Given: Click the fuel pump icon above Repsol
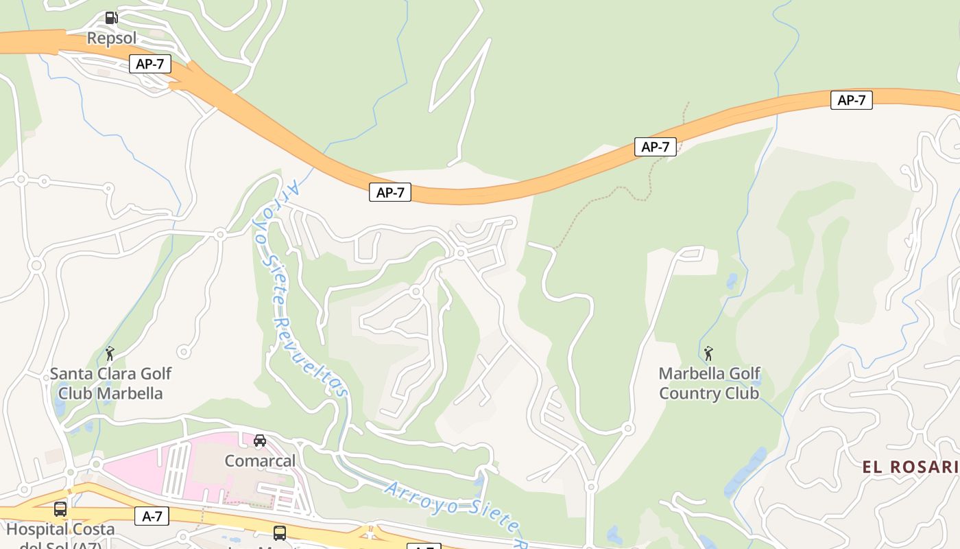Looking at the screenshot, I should (x=111, y=18).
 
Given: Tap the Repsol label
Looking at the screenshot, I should (x=112, y=38).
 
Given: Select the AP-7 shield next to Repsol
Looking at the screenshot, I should (x=150, y=65).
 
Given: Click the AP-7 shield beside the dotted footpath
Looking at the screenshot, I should (x=655, y=147).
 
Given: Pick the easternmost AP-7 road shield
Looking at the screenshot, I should (x=851, y=100).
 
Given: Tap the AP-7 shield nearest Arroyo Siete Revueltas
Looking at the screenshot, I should (x=390, y=193).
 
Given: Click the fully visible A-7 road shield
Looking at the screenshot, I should (x=152, y=516).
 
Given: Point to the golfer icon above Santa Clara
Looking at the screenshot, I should (x=110, y=353).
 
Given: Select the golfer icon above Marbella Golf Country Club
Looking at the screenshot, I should (x=708, y=353).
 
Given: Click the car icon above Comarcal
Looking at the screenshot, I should (x=260, y=441).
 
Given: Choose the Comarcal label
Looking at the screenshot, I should (x=260, y=460).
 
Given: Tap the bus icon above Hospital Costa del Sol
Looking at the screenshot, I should (x=60, y=509).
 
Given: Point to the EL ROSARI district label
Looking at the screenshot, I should (x=910, y=467).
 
